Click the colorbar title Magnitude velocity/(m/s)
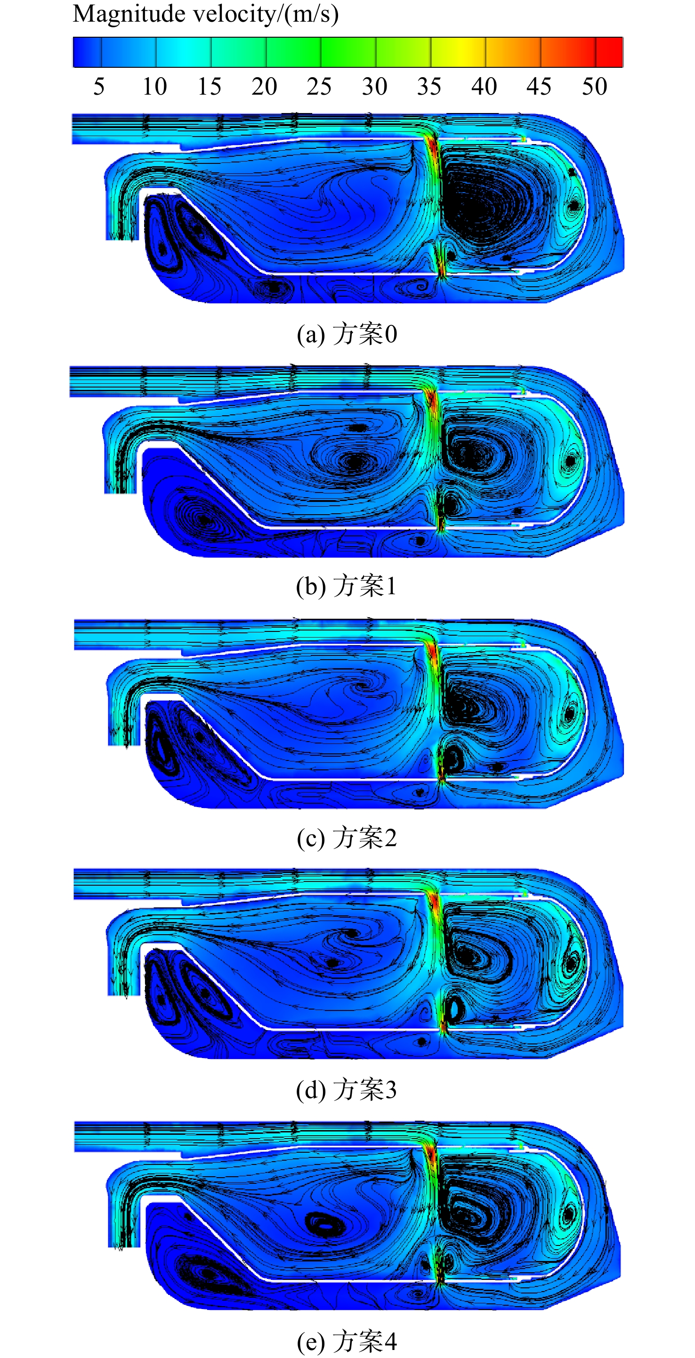pos(206,14)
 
